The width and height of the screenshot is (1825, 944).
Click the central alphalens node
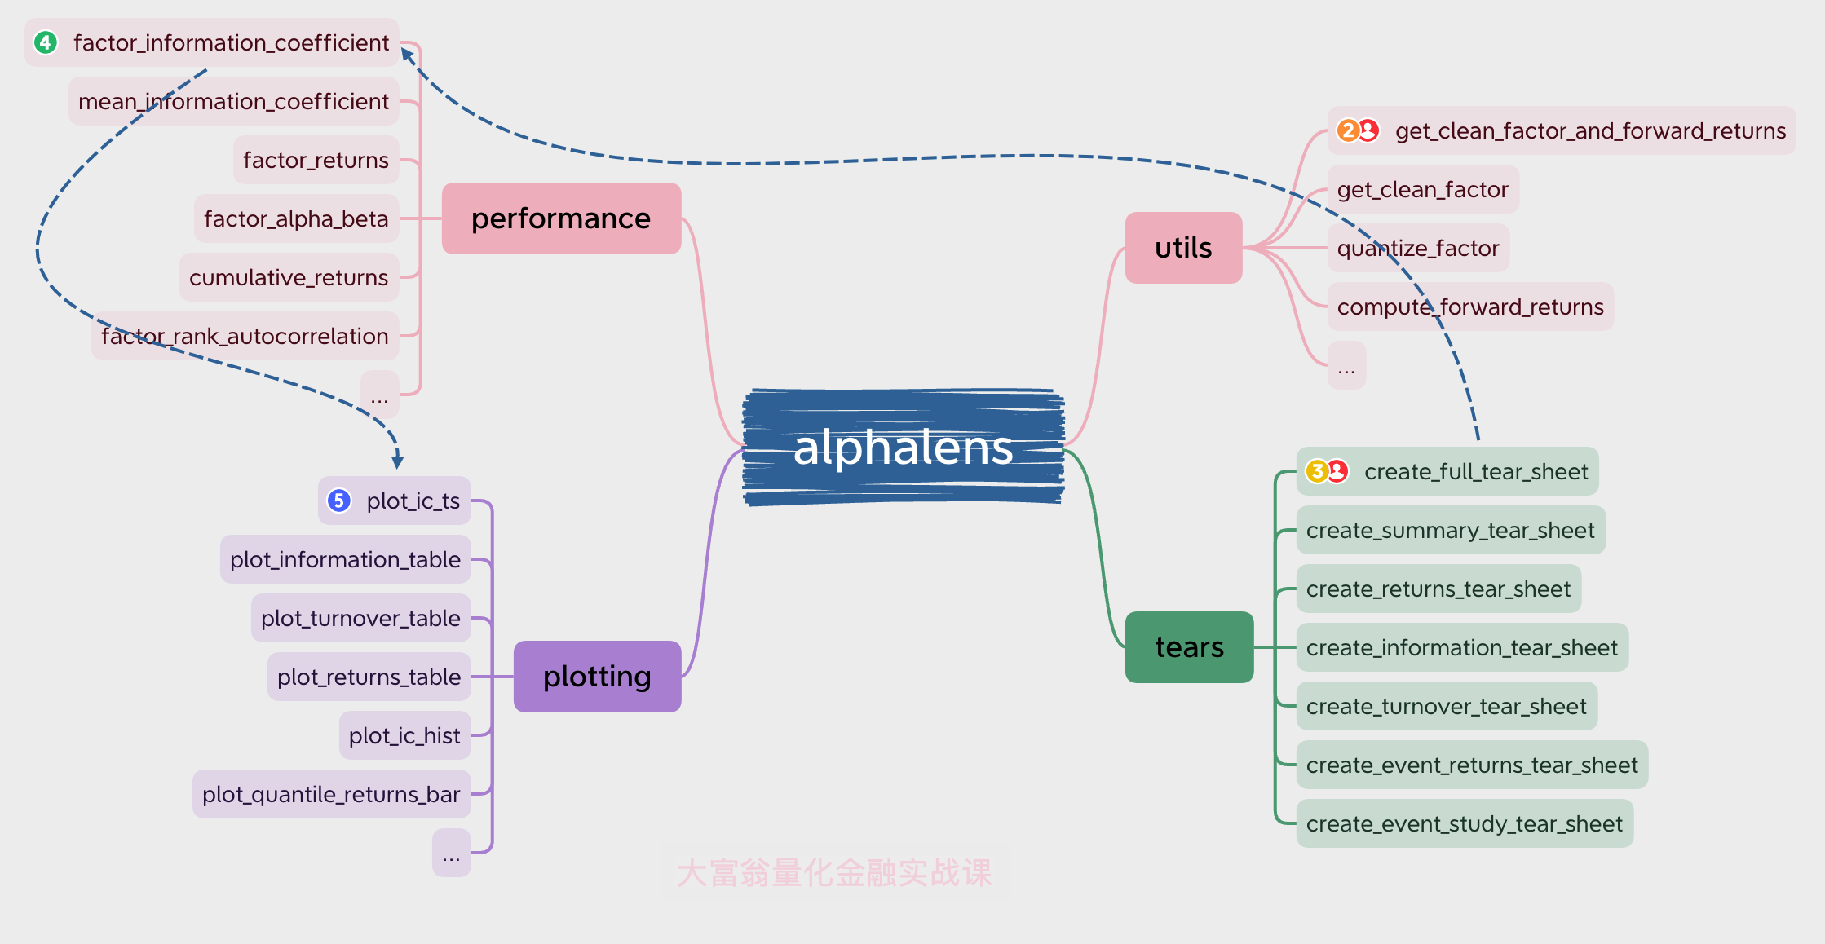903,447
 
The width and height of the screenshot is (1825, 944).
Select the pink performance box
561,218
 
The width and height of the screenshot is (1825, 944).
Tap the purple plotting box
597,677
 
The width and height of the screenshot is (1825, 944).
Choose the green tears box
1189,647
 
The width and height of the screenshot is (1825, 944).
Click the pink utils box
1183,248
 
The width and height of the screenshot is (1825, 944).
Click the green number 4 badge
46,42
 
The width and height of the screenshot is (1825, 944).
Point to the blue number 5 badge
339,501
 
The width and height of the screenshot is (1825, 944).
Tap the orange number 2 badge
1348,130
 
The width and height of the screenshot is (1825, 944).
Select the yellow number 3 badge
1317,471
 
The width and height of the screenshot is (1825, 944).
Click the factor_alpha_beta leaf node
296,218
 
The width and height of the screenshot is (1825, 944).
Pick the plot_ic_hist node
404,735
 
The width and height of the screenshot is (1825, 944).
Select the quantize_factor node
1418,248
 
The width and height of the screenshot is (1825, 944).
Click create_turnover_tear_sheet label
1446,706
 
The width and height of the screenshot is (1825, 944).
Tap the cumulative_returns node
289,277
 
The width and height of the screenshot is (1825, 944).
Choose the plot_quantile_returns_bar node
331,794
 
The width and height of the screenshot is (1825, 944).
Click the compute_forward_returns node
1469,307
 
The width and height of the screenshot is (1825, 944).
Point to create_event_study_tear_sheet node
1464,823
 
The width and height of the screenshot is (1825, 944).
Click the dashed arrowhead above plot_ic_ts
397,461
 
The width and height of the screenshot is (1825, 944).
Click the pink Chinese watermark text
834,872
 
